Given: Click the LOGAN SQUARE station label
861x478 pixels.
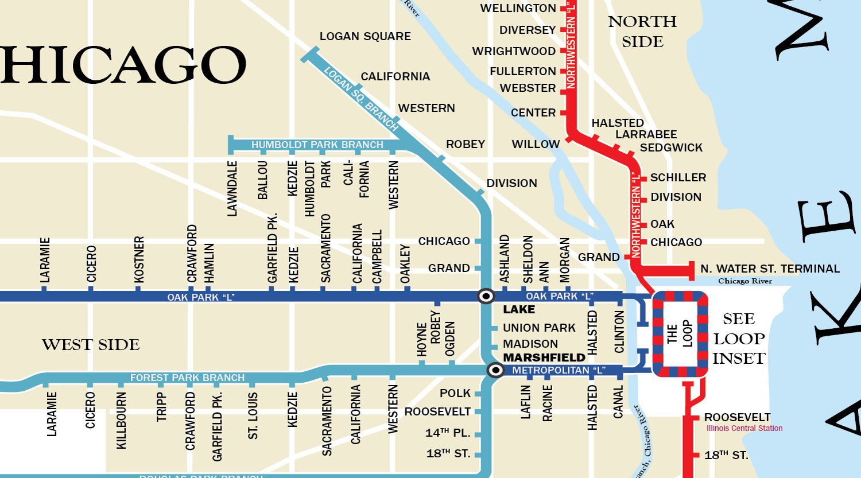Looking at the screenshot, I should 365,36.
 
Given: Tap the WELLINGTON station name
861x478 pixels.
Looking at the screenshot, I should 518,8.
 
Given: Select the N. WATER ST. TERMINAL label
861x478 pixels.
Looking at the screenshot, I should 770,269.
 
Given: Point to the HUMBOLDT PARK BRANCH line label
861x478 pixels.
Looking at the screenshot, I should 317,145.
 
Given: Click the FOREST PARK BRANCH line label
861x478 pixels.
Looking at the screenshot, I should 187,378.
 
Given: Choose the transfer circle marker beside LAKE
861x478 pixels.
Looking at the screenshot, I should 486,296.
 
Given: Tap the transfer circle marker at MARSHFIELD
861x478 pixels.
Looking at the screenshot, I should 495,370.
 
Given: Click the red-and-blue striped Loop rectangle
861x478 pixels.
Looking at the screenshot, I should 680,334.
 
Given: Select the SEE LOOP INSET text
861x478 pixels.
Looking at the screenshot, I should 739,339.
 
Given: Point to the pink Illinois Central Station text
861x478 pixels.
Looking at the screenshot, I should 744,428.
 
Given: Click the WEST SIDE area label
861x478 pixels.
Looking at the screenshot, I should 91,345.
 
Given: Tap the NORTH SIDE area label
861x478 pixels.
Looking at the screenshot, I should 642,32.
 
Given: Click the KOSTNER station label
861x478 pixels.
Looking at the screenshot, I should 139,259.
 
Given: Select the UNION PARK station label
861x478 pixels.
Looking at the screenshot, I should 539,328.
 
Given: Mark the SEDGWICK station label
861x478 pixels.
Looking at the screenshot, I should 671,147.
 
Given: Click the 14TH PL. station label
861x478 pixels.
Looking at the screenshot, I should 448,433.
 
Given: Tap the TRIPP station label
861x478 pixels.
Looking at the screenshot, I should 161,407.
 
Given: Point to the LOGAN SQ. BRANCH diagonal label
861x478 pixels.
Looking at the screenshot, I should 361,98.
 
